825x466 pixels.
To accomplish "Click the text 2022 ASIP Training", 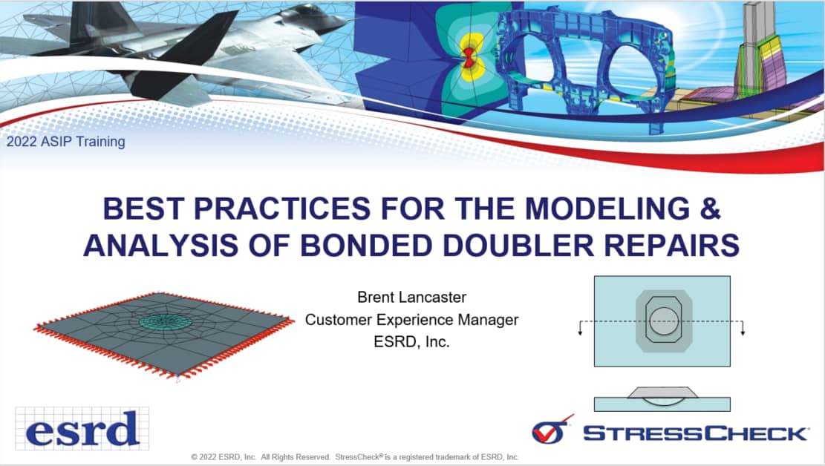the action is (66, 142).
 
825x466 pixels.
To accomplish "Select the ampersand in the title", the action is (711, 209).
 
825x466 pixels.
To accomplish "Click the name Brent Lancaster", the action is (412, 297).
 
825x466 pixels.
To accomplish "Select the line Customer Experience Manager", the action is (412, 320).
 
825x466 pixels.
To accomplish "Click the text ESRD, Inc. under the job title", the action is (412, 342).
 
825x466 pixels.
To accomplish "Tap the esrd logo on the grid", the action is (82, 429).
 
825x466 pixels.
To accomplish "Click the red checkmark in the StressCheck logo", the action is (552, 430).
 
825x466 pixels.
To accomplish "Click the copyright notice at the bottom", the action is (355, 457).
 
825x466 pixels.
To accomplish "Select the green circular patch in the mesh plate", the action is (164, 321).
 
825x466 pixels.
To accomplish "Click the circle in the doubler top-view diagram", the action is (664, 321).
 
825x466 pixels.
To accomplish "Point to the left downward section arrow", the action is (581, 328).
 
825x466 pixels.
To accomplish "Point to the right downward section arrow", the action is (743, 328).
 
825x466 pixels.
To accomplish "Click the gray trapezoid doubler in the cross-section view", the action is (662, 393).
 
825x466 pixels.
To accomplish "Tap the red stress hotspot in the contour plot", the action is (468, 57).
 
